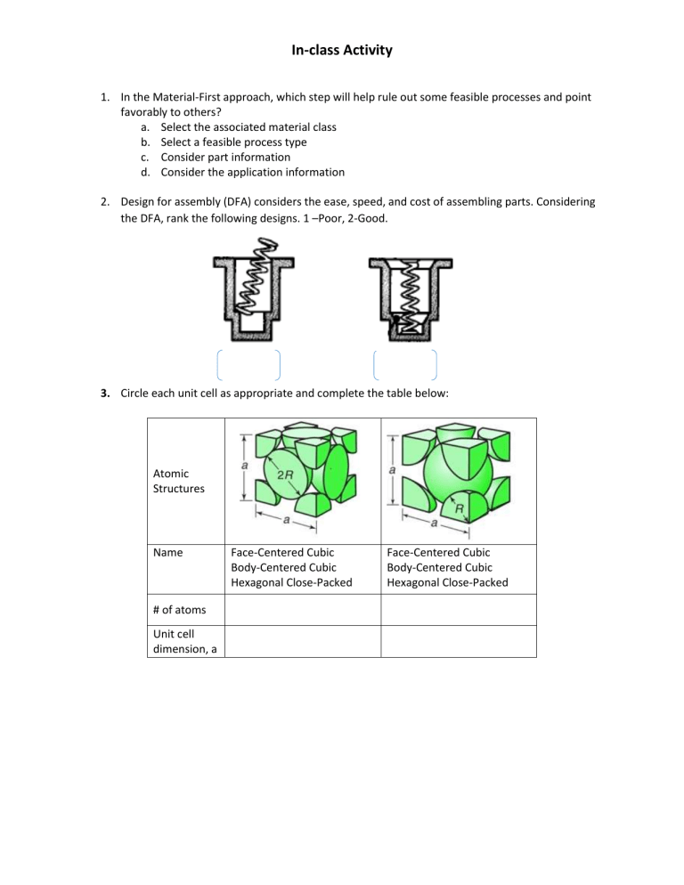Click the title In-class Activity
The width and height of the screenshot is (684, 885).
click(x=341, y=51)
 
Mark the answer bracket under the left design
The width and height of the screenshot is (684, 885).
click(x=248, y=365)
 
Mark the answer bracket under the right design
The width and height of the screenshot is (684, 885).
click(x=405, y=365)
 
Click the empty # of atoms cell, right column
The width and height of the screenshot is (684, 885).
click(x=459, y=610)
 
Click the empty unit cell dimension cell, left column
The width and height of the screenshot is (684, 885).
click(x=301, y=641)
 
